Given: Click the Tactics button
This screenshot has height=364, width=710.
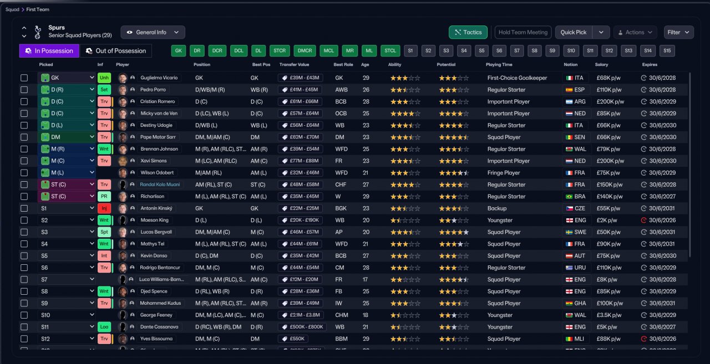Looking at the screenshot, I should [468, 32].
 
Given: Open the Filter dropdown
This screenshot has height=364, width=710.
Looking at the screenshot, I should [678, 32].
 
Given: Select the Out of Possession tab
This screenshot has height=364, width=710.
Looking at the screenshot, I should [116, 51].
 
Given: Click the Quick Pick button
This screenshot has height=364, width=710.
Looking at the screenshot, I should [574, 32].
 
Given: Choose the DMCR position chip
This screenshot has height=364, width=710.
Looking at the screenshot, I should [305, 51].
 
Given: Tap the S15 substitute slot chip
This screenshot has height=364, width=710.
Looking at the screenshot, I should [667, 51].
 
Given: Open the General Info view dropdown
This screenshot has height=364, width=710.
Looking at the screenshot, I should [153, 32].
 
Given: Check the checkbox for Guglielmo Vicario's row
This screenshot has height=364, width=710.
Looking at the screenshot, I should [24, 78].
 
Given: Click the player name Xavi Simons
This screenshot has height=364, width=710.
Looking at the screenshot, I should [154, 161].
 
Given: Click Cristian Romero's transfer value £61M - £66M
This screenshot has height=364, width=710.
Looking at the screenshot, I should [300, 102].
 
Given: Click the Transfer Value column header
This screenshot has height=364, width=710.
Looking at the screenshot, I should [293, 65].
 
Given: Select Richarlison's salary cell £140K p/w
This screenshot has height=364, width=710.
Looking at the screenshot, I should [610, 197].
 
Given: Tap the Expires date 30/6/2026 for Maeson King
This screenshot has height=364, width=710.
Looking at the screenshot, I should [661, 221].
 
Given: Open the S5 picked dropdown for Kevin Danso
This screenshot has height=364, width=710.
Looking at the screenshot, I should [67, 256].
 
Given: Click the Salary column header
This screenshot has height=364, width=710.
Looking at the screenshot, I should [601, 65].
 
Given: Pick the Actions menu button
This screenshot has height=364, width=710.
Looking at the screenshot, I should [635, 32].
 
